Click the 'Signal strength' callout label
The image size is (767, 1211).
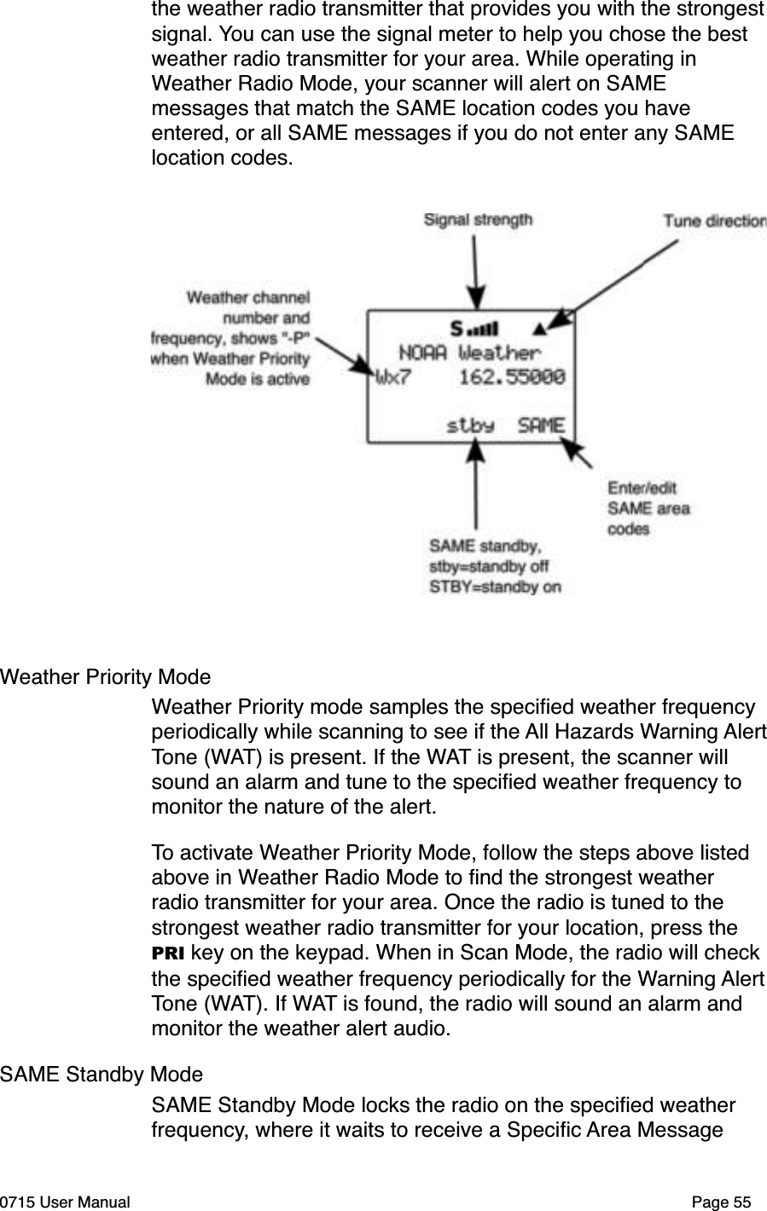point(478,220)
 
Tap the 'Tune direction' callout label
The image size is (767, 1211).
point(714,221)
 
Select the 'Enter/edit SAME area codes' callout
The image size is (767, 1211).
point(648,508)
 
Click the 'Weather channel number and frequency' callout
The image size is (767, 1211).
point(231,339)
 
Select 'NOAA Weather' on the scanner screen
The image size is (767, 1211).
point(469,352)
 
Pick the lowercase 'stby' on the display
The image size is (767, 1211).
point(471,424)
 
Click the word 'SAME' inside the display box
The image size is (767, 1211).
point(541,424)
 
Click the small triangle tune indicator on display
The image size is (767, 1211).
point(538,327)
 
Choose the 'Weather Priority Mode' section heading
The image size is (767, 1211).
point(106,677)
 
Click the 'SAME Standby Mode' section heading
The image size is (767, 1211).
point(102,1074)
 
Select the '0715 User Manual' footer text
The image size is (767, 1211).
point(66,1202)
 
